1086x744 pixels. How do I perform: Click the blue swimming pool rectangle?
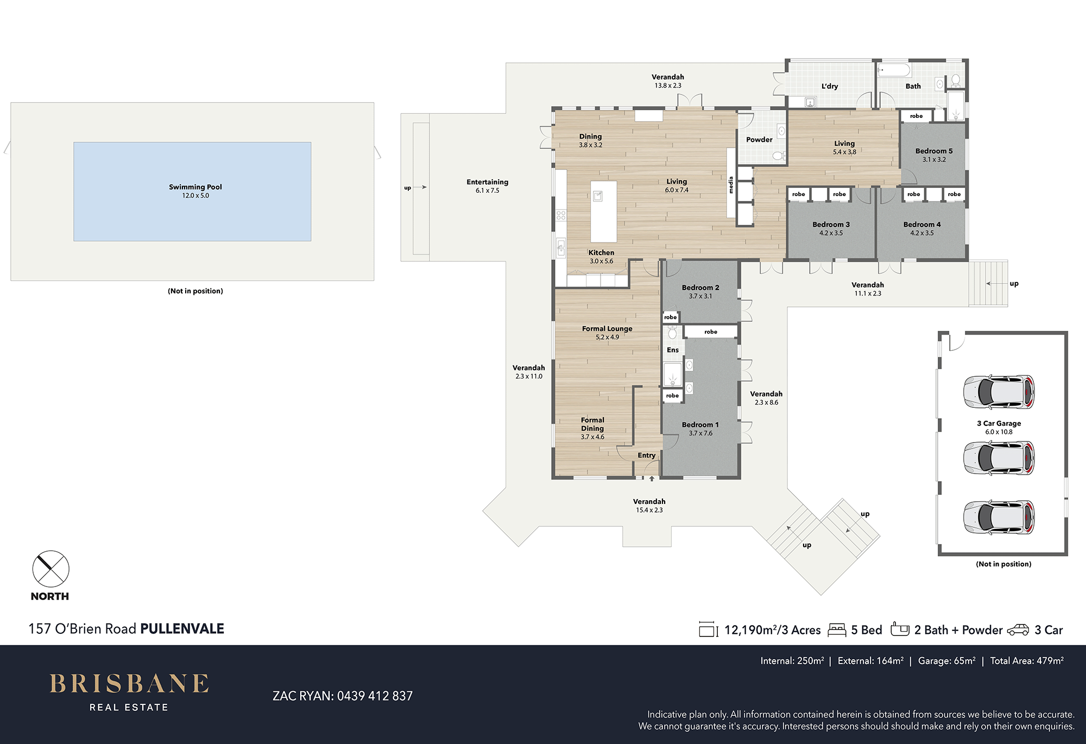point(192,192)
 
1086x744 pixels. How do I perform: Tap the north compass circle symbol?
point(50,569)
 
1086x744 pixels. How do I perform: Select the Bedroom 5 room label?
point(934,151)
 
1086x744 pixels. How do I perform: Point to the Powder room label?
point(759,140)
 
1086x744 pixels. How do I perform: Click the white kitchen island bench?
point(603,211)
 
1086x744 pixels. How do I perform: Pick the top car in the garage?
point(999,392)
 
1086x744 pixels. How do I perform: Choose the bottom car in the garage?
point(999,517)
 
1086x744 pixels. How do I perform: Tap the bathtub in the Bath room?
point(894,71)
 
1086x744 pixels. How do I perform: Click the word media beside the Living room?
point(731,185)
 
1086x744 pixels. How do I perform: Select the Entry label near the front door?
point(646,455)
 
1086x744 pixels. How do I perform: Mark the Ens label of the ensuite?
point(673,350)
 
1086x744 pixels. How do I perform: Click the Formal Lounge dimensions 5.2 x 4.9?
point(607,337)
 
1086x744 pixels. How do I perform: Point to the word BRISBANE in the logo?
point(129,684)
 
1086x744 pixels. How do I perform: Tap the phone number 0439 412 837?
point(375,696)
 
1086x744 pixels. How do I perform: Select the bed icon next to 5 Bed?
point(837,630)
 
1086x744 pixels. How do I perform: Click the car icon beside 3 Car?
point(1018,630)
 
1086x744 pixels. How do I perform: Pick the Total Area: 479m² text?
point(1027,661)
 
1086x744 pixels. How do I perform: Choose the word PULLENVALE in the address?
point(182,629)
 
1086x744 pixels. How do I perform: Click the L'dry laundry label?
point(830,86)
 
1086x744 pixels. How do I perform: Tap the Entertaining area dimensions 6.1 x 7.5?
point(487,191)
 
